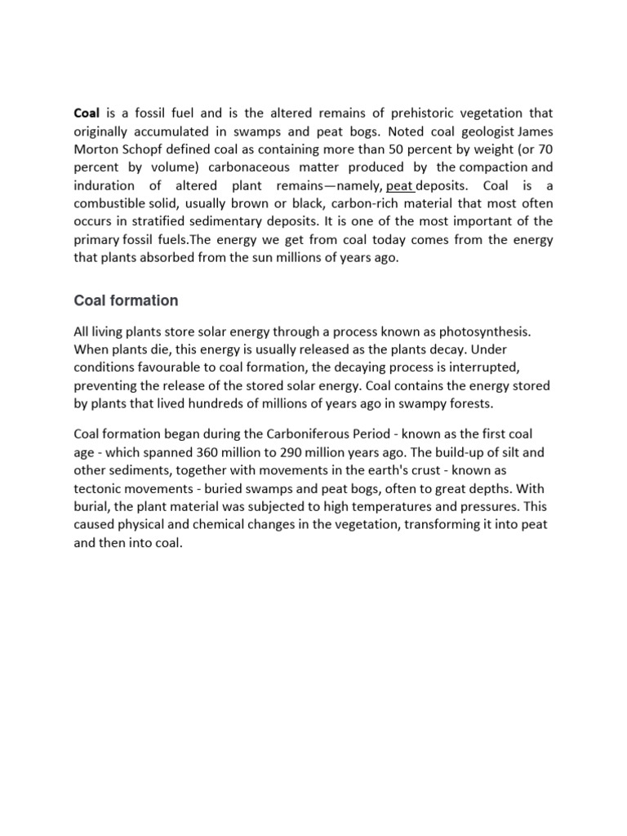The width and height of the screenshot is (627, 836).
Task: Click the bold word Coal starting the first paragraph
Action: pos(87,113)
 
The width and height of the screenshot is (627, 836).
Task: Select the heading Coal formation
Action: pos(126,300)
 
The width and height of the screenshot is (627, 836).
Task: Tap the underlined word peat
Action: pos(399,185)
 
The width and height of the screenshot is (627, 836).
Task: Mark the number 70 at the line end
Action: pos(542,149)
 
